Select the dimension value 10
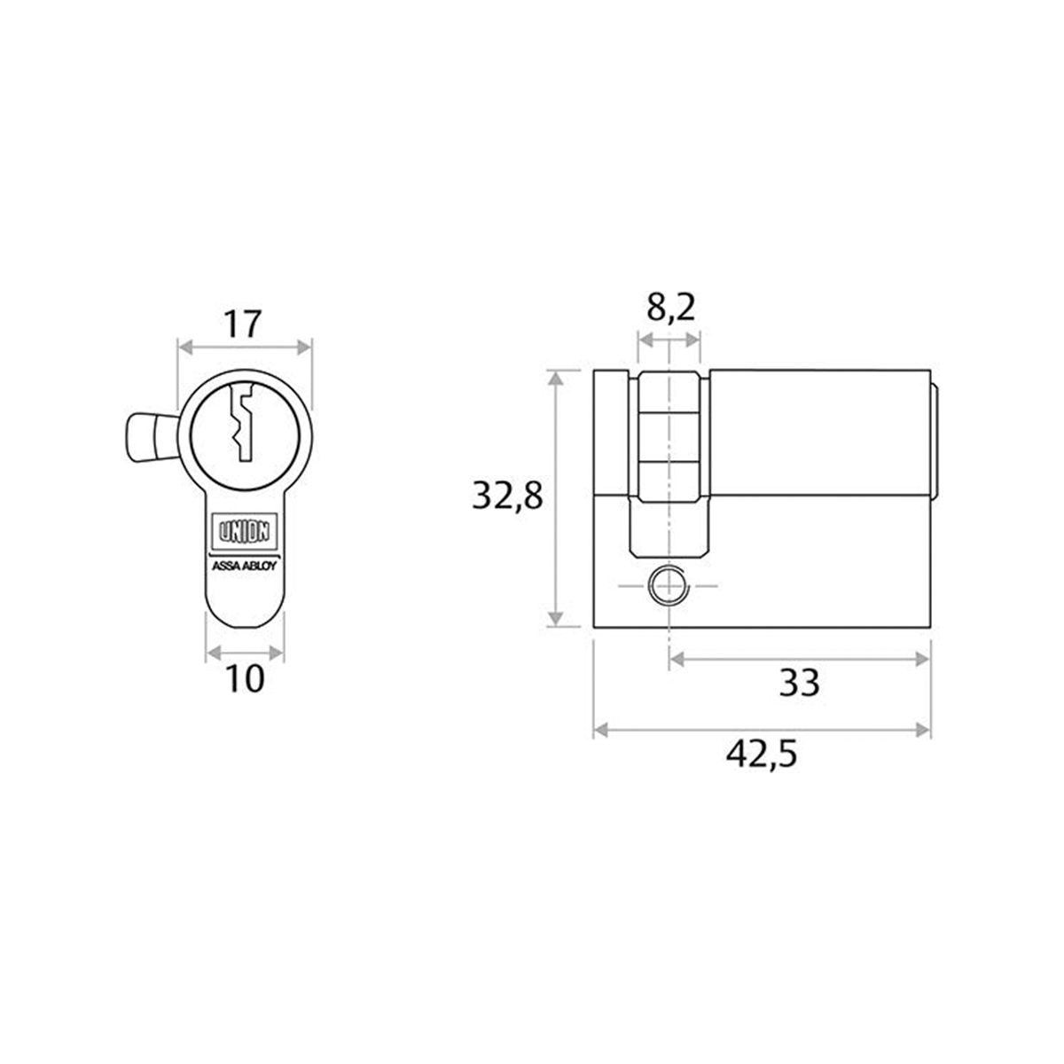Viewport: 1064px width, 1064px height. pos(246,679)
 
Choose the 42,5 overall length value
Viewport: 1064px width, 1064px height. pos(762,755)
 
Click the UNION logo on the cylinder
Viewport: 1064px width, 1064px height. pos(246,533)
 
